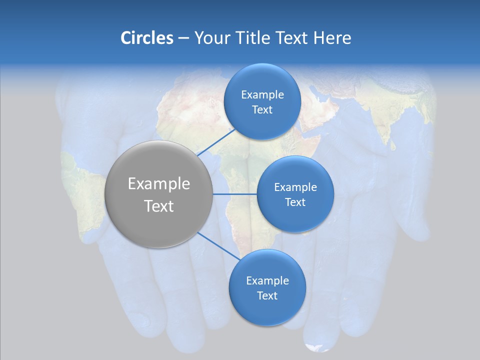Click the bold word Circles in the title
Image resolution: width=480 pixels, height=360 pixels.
147,37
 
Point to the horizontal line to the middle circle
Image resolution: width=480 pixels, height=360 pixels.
234,194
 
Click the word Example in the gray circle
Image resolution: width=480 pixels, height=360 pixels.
159,183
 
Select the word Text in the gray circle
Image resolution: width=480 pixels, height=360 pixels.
159,205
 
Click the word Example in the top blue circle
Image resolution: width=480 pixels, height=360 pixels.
262,94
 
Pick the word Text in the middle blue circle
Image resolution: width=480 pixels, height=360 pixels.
295,202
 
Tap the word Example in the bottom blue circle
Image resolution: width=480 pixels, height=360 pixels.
267,280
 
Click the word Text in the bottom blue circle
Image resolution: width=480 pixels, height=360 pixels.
267,295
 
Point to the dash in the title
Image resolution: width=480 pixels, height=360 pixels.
183,37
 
